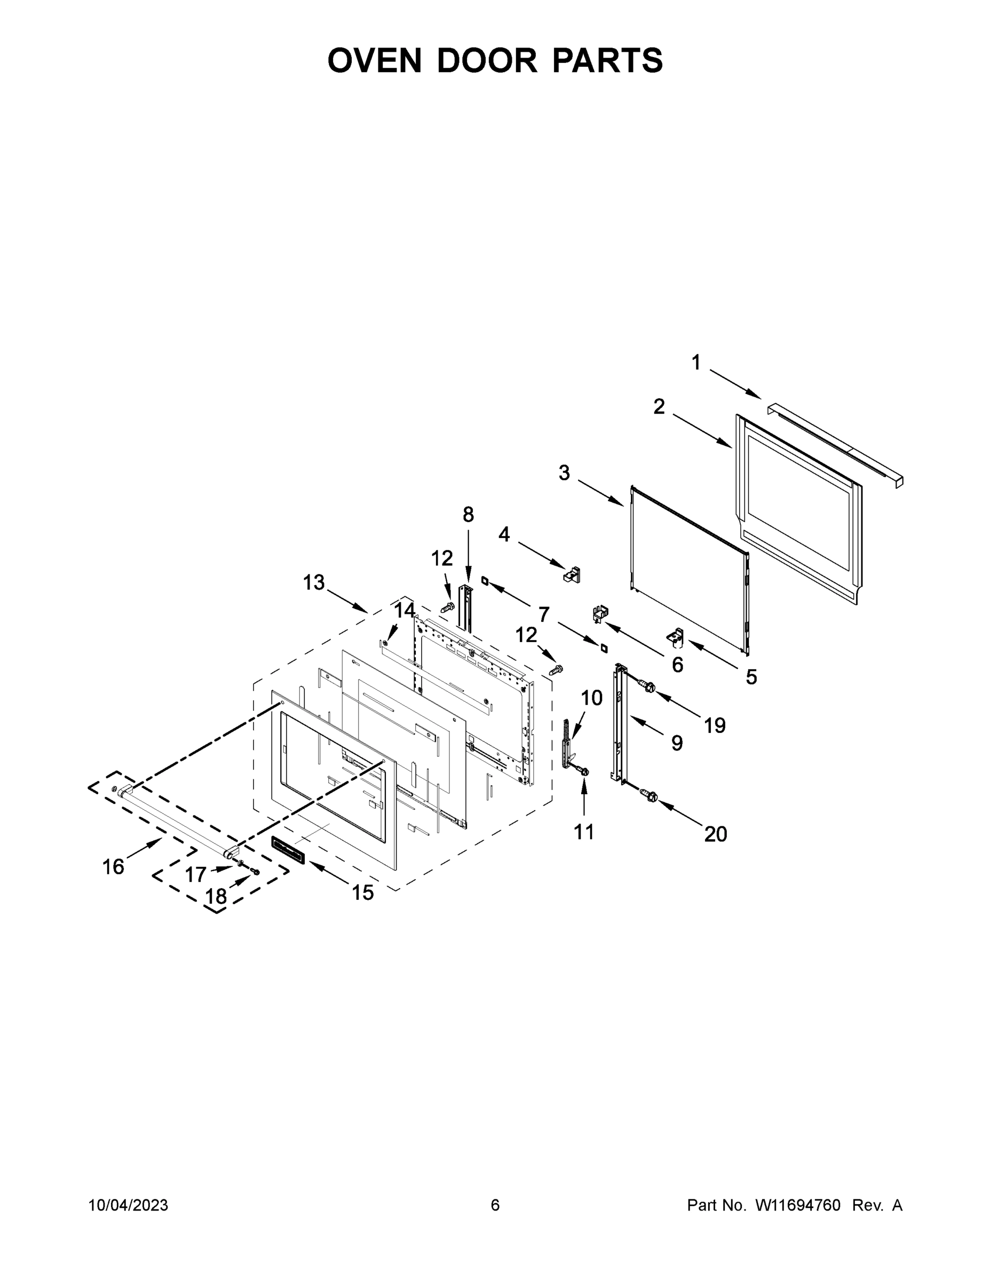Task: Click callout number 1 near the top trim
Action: coord(695,362)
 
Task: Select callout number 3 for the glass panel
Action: coord(564,473)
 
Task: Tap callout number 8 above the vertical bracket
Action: coord(468,515)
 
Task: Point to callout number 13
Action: coord(314,582)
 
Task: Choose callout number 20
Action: coord(715,834)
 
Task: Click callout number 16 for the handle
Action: coord(113,866)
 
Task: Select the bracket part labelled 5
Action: coord(675,635)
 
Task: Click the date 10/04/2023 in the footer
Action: coord(128,1205)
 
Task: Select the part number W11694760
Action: coord(798,1205)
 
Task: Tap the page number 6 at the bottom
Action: coord(495,1205)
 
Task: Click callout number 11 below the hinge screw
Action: coord(583,831)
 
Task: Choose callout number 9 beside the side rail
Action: coord(677,743)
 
